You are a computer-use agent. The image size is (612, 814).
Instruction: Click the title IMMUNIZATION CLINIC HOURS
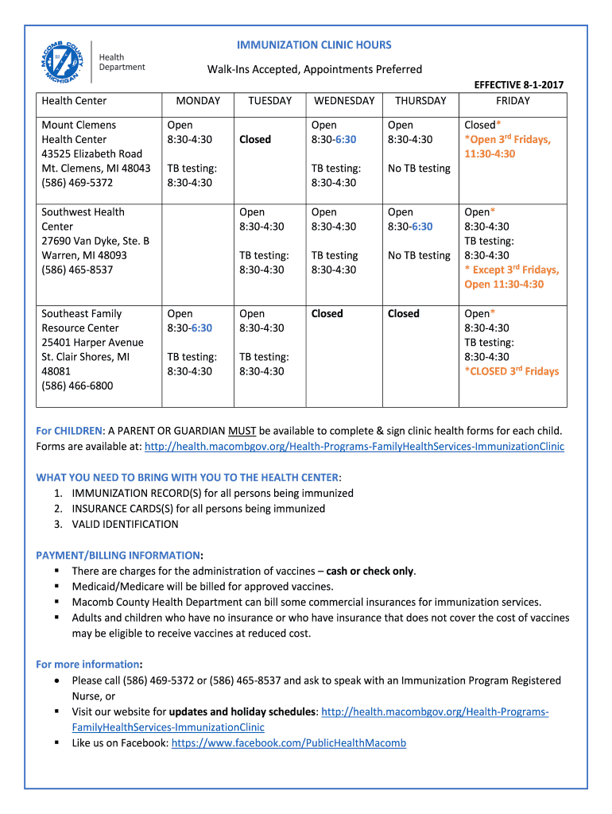pyautogui.click(x=314, y=45)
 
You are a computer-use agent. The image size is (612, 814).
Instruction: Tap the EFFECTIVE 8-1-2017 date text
pyautogui.click(x=518, y=85)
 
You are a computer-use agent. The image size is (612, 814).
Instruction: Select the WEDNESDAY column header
pyautogui.click(x=343, y=101)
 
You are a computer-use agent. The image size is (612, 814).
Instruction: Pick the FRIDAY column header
pyautogui.click(x=513, y=101)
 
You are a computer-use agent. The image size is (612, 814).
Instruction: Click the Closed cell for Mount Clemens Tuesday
pyautogui.click(x=255, y=139)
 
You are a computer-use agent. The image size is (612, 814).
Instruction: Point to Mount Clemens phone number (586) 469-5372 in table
pyautogui.click(x=77, y=183)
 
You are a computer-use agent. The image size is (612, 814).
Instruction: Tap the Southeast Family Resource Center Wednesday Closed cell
pyautogui.click(x=327, y=313)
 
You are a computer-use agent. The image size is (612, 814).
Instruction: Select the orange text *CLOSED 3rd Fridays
pyautogui.click(x=511, y=371)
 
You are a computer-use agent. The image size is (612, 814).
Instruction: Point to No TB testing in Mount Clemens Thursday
pyautogui.click(x=419, y=169)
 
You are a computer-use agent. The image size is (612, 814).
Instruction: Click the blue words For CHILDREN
pyautogui.click(x=69, y=431)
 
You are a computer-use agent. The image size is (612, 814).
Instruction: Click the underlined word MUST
pyautogui.click(x=242, y=431)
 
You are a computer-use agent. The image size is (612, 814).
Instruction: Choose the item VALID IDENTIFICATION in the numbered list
pyautogui.click(x=125, y=524)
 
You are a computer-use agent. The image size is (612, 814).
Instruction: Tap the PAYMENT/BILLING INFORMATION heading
pyautogui.click(x=118, y=555)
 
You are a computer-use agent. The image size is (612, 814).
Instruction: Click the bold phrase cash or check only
pyautogui.click(x=370, y=571)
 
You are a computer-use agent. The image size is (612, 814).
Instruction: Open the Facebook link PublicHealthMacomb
pyautogui.click(x=289, y=742)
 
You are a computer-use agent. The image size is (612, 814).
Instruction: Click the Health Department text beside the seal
pyautogui.click(x=122, y=62)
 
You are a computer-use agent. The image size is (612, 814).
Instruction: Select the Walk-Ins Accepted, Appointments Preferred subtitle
pyautogui.click(x=315, y=70)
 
